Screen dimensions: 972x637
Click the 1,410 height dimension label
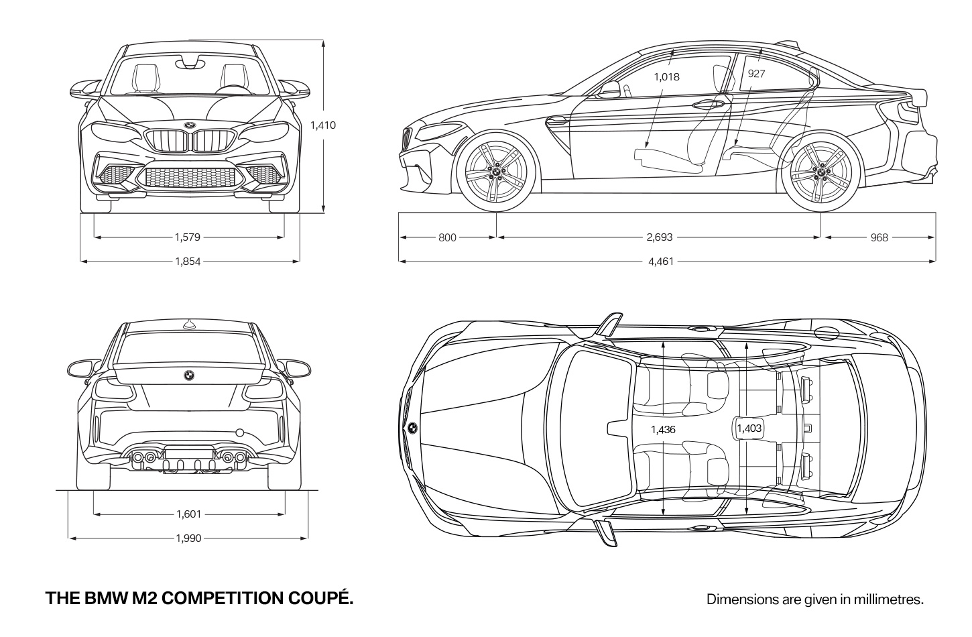coord(323,125)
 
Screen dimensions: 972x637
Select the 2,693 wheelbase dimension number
coord(660,237)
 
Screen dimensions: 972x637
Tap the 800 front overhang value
coord(447,237)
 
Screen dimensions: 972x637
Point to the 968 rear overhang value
coord(879,237)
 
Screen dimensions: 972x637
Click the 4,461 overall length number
coord(661,262)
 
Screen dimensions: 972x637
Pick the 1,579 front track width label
coord(188,237)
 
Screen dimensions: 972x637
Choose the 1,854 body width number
coord(188,262)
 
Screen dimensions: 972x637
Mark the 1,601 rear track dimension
coord(189,514)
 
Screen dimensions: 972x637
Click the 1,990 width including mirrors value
coord(189,538)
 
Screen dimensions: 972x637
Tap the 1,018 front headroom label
coord(666,77)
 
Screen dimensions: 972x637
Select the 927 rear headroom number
coord(756,74)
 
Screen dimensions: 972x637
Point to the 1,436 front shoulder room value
coord(663,430)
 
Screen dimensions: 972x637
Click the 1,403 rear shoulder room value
coord(749,428)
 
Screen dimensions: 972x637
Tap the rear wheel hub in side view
coord(821,172)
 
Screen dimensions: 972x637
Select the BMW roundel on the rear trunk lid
coord(189,375)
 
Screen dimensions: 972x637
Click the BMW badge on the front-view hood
coord(189,125)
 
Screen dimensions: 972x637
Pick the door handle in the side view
coord(708,104)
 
